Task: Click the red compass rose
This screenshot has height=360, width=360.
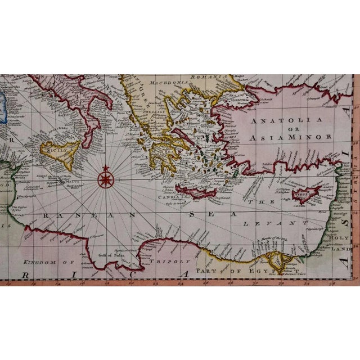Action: tap(105, 179)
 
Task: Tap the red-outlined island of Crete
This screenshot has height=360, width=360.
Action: tap(196, 191)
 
